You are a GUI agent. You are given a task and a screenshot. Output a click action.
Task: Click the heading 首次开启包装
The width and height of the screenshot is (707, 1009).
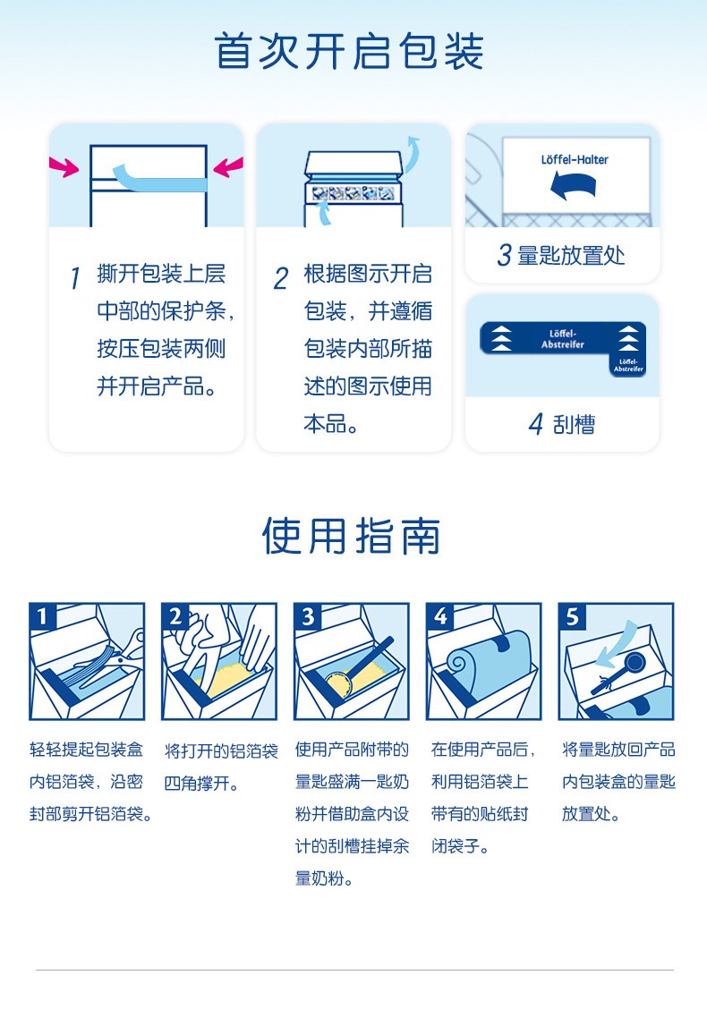point(349,52)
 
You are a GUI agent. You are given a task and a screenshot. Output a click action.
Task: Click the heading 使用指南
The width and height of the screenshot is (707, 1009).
point(352,536)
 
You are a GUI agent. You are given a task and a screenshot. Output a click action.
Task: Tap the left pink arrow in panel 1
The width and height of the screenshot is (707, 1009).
point(64,166)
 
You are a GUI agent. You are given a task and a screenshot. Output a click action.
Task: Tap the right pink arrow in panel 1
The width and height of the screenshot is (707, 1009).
point(228,167)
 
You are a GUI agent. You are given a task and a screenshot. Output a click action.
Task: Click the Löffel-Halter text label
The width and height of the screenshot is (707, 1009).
point(575,159)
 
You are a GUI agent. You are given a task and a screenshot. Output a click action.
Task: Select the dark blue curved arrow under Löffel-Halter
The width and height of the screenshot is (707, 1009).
point(573,184)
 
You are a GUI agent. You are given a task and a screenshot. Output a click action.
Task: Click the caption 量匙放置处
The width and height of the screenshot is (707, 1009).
point(571,256)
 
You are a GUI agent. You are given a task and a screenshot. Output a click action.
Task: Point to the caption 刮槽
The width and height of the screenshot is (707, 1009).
point(575,425)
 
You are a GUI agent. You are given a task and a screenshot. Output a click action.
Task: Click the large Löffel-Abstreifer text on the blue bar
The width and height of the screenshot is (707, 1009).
point(562,338)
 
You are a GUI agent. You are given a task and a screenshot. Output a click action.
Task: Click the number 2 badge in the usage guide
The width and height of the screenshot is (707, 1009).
point(175,616)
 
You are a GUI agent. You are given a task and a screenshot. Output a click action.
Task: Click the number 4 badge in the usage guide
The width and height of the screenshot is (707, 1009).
point(439,616)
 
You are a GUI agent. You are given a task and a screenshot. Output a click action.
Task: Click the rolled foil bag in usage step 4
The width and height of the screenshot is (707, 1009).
point(490,657)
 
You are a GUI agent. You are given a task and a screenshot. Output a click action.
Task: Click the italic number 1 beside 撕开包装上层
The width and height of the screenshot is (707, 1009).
point(75,278)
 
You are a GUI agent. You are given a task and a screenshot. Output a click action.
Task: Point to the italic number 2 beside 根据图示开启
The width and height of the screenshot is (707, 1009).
point(281,278)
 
